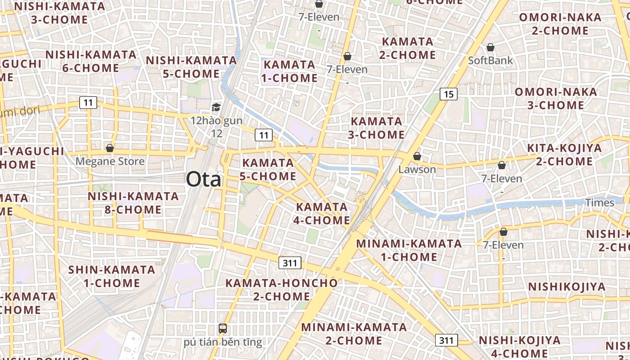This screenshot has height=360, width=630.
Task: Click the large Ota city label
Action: pyautogui.click(x=204, y=179)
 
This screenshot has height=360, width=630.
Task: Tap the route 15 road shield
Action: pyautogui.click(x=448, y=94)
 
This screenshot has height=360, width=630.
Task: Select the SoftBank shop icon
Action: pyautogui.click(x=490, y=47)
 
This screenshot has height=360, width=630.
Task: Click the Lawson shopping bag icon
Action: pyautogui.click(x=417, y=156)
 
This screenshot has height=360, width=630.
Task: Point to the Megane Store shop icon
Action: pyautogui.click(x=110, y=148)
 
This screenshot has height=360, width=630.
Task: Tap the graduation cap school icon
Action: pyautogui.click(x=216, y=107)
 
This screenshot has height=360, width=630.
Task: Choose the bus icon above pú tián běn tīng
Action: pyautogui.click(x=222, y=328)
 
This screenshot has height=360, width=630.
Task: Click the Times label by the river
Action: pyautogui.click(x=599, y=202)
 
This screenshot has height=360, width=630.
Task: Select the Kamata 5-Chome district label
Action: pyautogui.click(x=268, y=169)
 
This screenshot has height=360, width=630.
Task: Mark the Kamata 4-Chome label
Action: pyautogui.click(x=322, y=213)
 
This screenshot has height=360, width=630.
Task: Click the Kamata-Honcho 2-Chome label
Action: pyautogui.click(x=281, y=289)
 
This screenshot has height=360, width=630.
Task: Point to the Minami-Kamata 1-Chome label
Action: pyautogui.click(x=409, y=250)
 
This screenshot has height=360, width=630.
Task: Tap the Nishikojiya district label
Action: pyautogui.click(x=567, y=287)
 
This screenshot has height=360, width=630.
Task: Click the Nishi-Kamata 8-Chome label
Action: pyautogui.click(x=133, y=203)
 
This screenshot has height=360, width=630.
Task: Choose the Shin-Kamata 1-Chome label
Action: pyautogui.click(x=112, y=276)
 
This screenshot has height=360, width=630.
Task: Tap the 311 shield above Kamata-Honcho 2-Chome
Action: pyautogui.click(x=290, y=263)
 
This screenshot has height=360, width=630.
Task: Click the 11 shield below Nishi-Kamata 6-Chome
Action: pyautogui.click(x=88, y=103)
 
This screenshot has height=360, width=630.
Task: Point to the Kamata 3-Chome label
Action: pyautogui.click(x=377, y=128)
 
